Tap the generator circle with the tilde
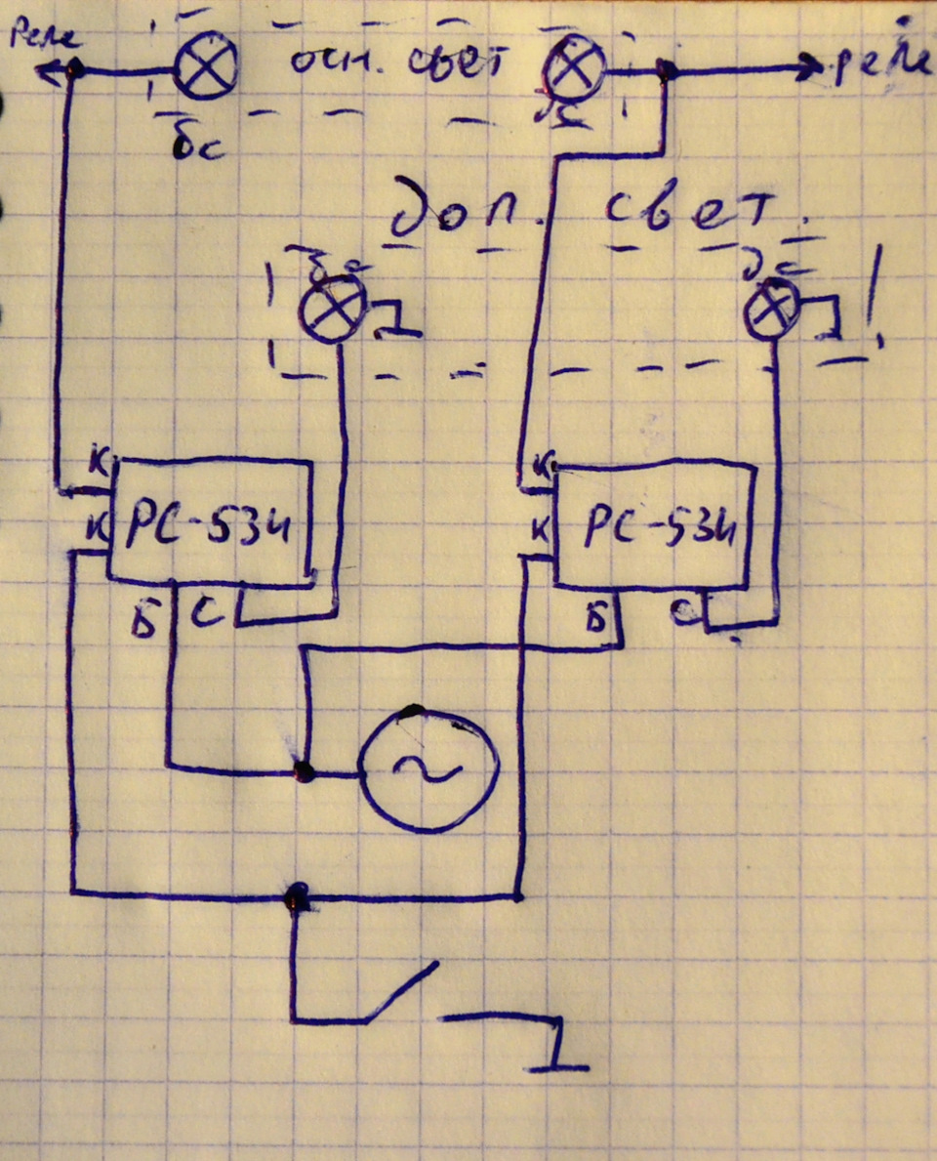[x=428, y=769]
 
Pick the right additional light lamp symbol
[x=772, y=308]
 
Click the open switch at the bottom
[x=400, y=994]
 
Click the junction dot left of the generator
[x=305, y=772]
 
